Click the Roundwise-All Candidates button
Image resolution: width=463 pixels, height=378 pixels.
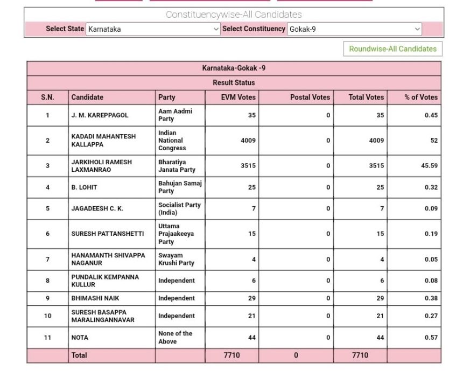392,49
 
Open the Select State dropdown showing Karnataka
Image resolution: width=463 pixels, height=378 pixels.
153,29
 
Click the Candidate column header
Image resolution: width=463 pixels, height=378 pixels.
87,97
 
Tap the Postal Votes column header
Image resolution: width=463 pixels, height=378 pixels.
310,97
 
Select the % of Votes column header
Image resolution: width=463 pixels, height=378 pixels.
421,97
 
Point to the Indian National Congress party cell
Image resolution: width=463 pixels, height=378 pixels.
172,141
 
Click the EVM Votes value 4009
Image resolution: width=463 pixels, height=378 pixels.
248,141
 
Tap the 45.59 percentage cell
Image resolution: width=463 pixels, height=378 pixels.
429,166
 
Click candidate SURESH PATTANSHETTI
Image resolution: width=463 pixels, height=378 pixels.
108,234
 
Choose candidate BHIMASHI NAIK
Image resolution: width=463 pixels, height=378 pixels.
95,298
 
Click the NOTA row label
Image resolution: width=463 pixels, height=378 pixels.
80,338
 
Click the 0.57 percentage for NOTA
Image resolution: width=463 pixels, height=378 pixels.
431,338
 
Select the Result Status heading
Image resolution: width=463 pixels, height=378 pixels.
234,83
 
